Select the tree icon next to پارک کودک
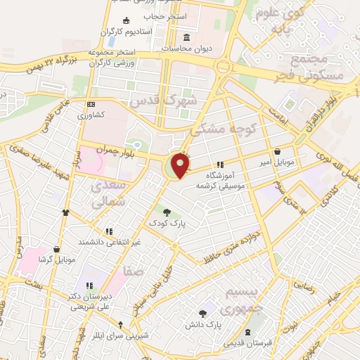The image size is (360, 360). [167, 212]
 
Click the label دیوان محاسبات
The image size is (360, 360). [186, 49]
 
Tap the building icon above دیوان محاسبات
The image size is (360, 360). [186, 38]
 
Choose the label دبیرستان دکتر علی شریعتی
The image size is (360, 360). [89, 301]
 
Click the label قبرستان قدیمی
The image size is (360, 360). [244, 344]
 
